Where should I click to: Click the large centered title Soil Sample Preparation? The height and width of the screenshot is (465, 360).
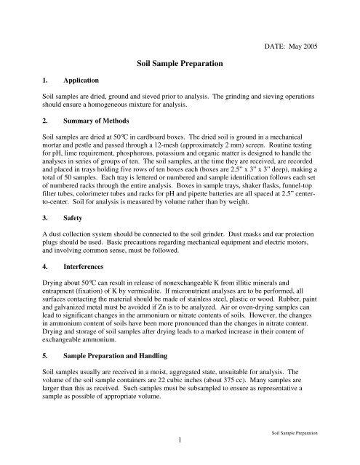180,64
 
